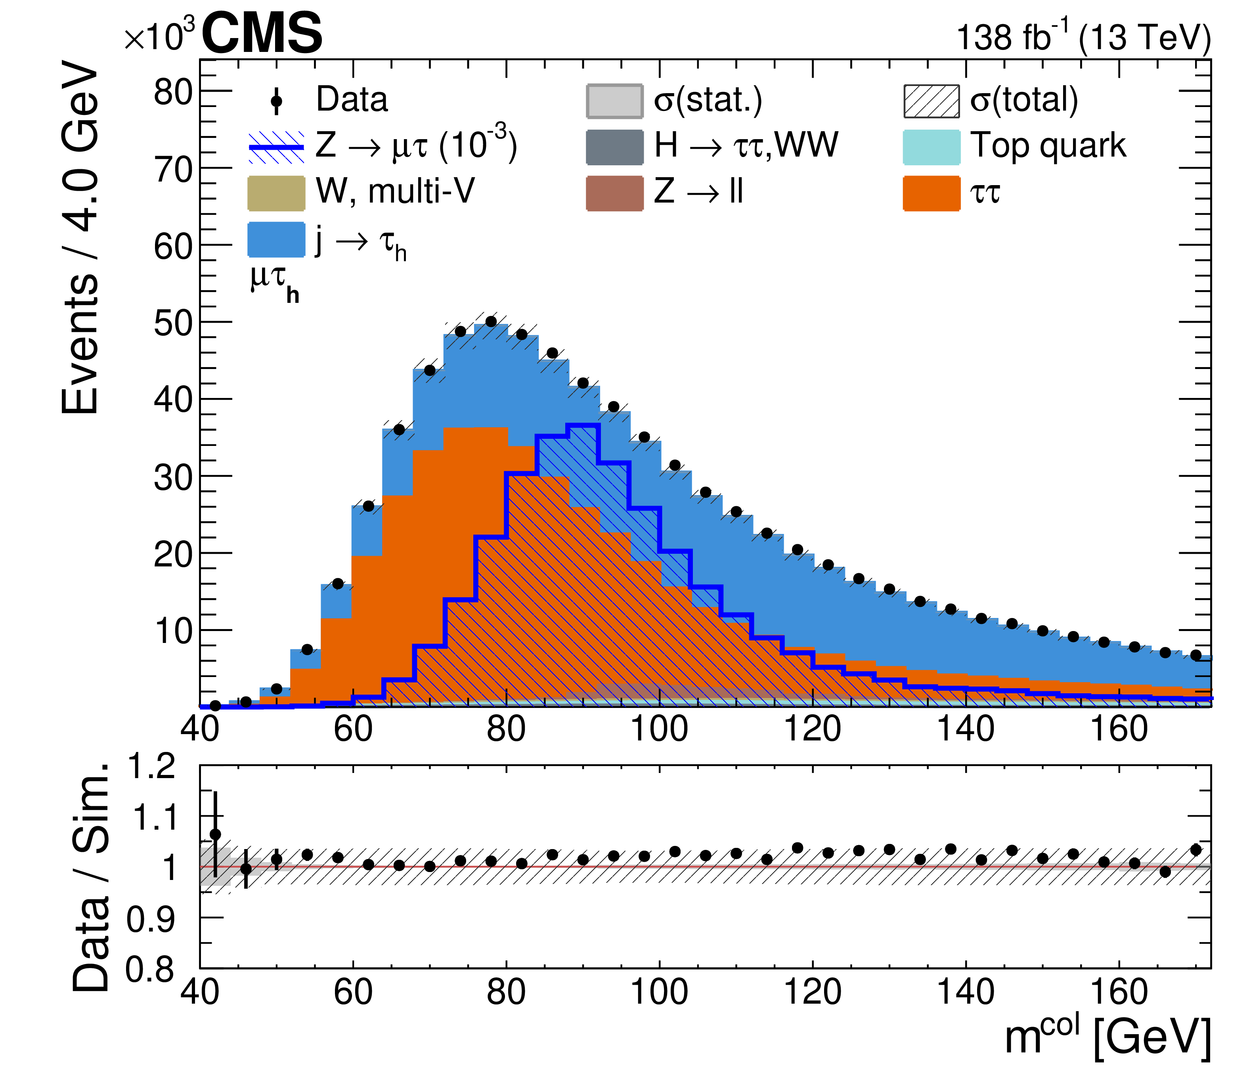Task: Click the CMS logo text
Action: [262, 34]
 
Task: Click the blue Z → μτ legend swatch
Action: [276, 147]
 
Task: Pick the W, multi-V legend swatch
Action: [276, 193]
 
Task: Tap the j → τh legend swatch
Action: [276, 239]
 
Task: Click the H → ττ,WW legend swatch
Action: [614, 147]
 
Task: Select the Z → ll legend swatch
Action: [614, 193]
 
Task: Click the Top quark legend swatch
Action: [931, 147]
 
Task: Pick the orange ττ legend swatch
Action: [931, 193]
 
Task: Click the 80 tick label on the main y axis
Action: [172, 92]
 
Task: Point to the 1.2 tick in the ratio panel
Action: [151, 767]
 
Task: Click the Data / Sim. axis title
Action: [90, 877]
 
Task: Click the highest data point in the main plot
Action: [491, 321]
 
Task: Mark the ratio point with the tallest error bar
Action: [215, 834]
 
